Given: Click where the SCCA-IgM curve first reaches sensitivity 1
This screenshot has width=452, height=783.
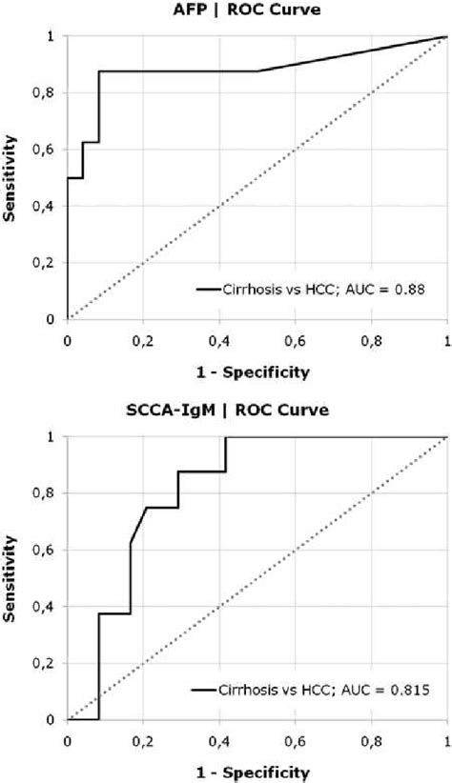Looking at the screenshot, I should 226,437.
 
